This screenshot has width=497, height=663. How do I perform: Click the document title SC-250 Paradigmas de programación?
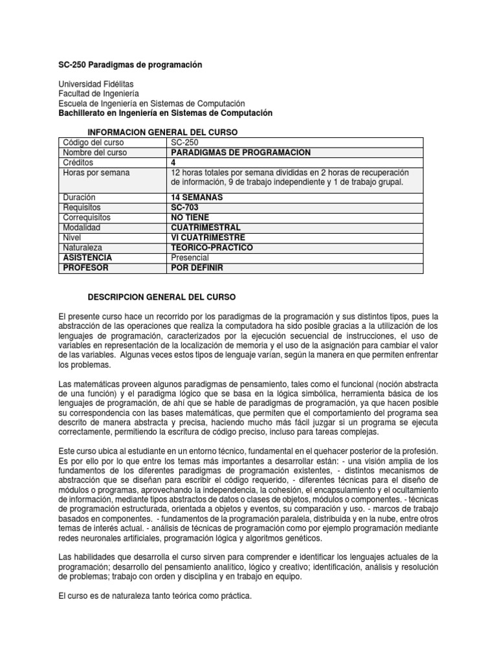click(x=130, y=65)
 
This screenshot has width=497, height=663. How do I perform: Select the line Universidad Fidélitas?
click(x=96, y=84)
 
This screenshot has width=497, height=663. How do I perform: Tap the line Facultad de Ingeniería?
click(x=98, y=94)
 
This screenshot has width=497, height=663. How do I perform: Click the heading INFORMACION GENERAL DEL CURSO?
click(x=162, y=132)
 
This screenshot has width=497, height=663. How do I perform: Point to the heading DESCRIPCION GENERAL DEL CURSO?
click(x=162, y=297)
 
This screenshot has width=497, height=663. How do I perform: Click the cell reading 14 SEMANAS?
click(x=197, y=197)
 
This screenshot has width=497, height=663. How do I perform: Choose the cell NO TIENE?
click(x=190, y=218)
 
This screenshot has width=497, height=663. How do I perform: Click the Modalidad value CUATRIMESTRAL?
click(x=205, y=228)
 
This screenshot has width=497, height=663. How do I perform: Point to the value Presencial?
click(x=190, y=258)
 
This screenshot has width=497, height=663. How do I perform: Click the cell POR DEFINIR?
click(x=197, y=268)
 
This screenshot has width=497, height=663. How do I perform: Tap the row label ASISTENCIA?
click(x=88, y=258)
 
